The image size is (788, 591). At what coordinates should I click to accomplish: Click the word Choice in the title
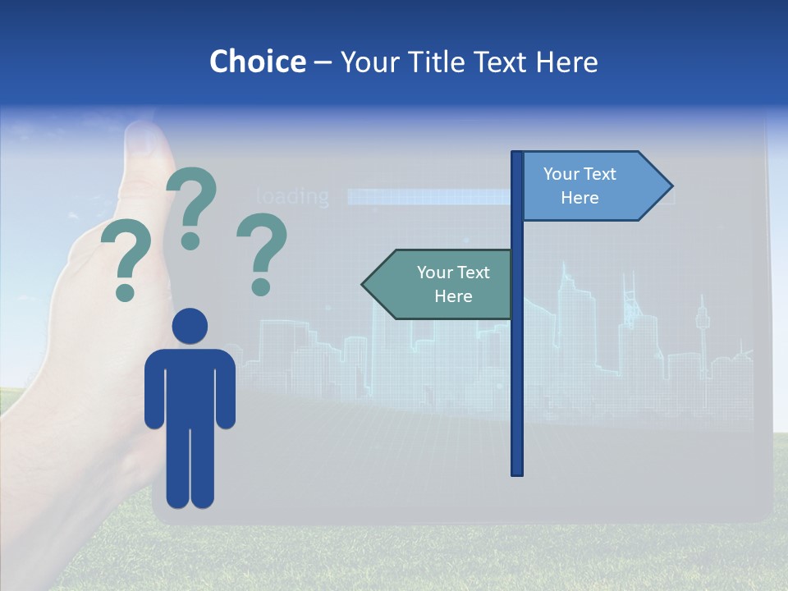point(257,62)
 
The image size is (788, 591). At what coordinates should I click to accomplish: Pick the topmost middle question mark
point(191,205)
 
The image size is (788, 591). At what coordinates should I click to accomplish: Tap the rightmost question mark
point(261,250)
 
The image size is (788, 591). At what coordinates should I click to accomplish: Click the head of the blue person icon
point(190,326)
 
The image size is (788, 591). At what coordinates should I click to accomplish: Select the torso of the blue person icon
point(190,386)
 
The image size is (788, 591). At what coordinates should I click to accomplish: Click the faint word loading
point(292,197)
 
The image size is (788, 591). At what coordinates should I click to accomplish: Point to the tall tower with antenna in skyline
point(702,328)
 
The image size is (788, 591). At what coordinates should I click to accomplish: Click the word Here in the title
point(566,62)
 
